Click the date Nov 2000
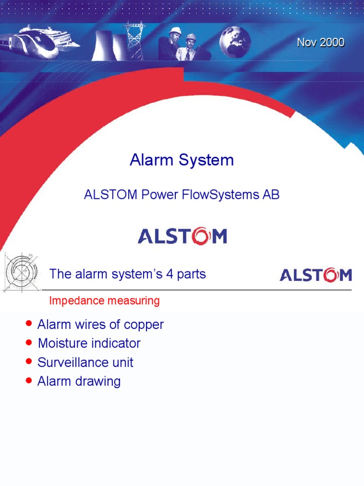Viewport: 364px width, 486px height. point(320,42)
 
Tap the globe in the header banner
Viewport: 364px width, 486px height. point(235,42)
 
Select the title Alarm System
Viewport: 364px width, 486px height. point(182,160)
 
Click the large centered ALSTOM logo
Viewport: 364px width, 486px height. point(182,236)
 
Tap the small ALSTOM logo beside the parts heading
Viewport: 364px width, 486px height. point(315,275)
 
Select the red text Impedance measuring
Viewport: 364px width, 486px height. point(104,300)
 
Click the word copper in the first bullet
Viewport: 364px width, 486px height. point(144,325)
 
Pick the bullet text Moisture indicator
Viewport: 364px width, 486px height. point(89,343)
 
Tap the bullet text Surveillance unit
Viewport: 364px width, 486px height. point(85,362)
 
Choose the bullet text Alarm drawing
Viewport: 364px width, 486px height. point(79,381)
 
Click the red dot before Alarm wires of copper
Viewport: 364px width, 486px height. point(29,323)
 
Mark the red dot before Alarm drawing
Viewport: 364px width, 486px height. point(29,380)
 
